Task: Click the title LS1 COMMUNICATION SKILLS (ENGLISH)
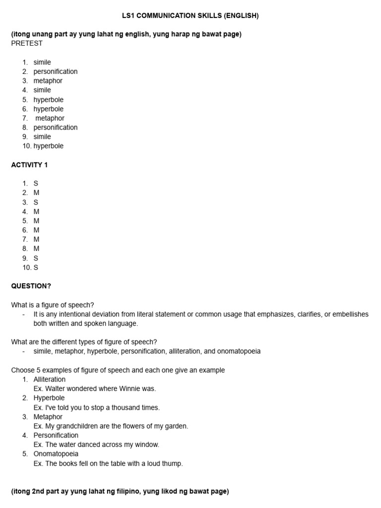coord(190,16)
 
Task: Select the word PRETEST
coord(27,43)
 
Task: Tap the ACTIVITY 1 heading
coord(29,165)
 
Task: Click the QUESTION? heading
coord(31,286)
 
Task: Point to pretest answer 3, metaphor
coord(48,81)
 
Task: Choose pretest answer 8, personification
coord(55,127)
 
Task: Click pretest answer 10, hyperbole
coord(48,146)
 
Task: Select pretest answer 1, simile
coord(42,63)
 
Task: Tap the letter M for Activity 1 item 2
coord(36,193)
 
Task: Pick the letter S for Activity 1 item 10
coord(36,268)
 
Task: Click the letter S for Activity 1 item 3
coord(36,202)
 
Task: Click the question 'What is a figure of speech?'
coord(53,305)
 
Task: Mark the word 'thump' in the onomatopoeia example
coord(173,464)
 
